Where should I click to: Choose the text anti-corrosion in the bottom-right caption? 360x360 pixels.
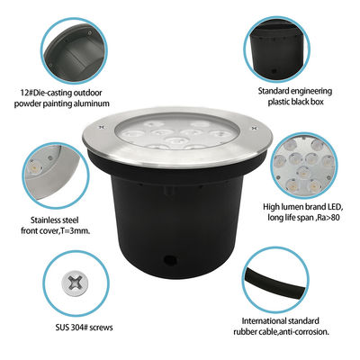coord(308,332)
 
